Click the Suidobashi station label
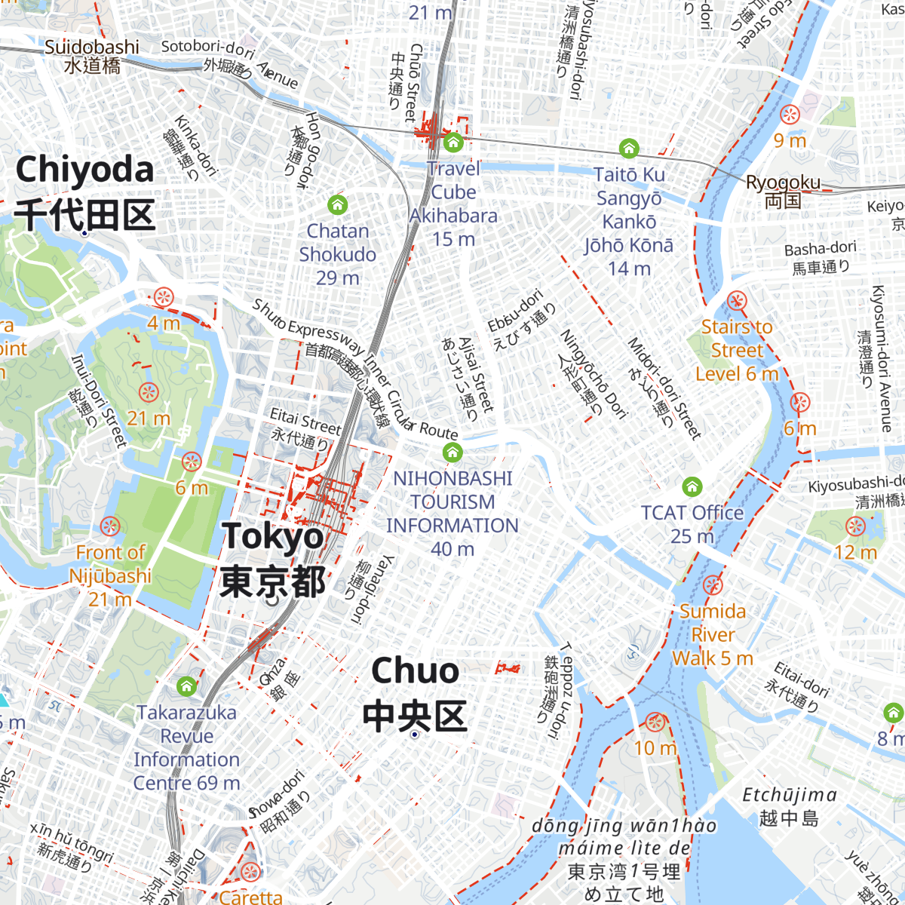[92, 56]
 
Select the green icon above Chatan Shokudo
[338, 204]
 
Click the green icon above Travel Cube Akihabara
[452, 142]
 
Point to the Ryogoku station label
[783, 191]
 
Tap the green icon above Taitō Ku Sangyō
[629, 148]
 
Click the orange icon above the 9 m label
[790, 115]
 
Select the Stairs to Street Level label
[737, 350]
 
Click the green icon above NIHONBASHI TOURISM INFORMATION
[452, 452]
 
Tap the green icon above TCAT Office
[692, 486]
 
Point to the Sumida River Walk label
[713, 634]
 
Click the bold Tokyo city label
[273, 559]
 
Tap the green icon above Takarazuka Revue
[186, 686]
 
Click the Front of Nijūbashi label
[110, 575]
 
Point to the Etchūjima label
[789, 805]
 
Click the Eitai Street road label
[305, 428]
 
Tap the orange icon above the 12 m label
[855, 526]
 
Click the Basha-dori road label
[821, 257]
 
